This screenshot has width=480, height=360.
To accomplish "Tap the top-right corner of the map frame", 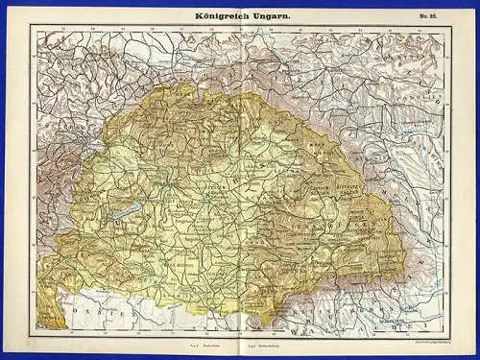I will (x=449, y=27).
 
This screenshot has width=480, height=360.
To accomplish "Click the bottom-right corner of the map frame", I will (x=449, y=333).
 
